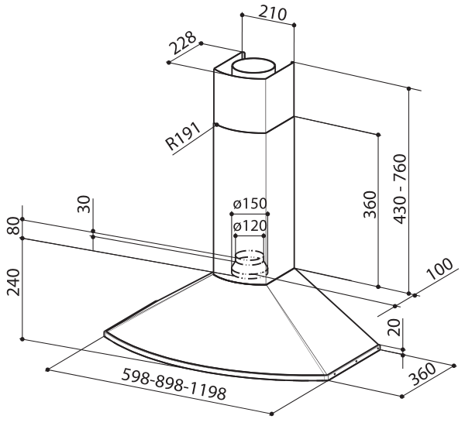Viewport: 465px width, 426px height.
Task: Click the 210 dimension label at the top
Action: coord(273,12)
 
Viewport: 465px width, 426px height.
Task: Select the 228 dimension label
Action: coord(183,43)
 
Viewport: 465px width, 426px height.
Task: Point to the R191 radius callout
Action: coord(183,136)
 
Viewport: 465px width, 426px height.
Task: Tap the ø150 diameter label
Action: coord(250,204)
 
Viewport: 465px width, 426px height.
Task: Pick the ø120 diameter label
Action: coord(250,226)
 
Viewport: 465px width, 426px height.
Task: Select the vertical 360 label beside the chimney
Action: coord(370,204)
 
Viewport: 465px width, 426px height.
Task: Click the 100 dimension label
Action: coord(439,269)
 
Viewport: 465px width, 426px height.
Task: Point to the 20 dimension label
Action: coord(394,327)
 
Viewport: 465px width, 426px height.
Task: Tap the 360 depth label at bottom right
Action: coord(422,373)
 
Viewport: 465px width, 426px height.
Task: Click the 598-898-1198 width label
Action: coord(174,384)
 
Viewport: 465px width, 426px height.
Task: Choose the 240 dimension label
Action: coord(13,282)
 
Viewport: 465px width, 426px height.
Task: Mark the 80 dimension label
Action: coord(13,225)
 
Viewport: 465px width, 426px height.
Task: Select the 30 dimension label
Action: coord(84,204)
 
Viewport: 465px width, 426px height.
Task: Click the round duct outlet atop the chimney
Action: coord(254,68)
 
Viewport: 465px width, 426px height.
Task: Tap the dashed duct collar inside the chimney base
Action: coord(250,265)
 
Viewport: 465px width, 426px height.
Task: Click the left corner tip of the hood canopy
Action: coord(105,333)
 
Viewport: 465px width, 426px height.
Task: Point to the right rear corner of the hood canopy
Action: coord(378,346)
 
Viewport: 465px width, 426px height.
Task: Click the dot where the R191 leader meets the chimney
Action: coord(216,125)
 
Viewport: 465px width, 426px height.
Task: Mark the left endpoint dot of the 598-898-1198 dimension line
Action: coord(48,369)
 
